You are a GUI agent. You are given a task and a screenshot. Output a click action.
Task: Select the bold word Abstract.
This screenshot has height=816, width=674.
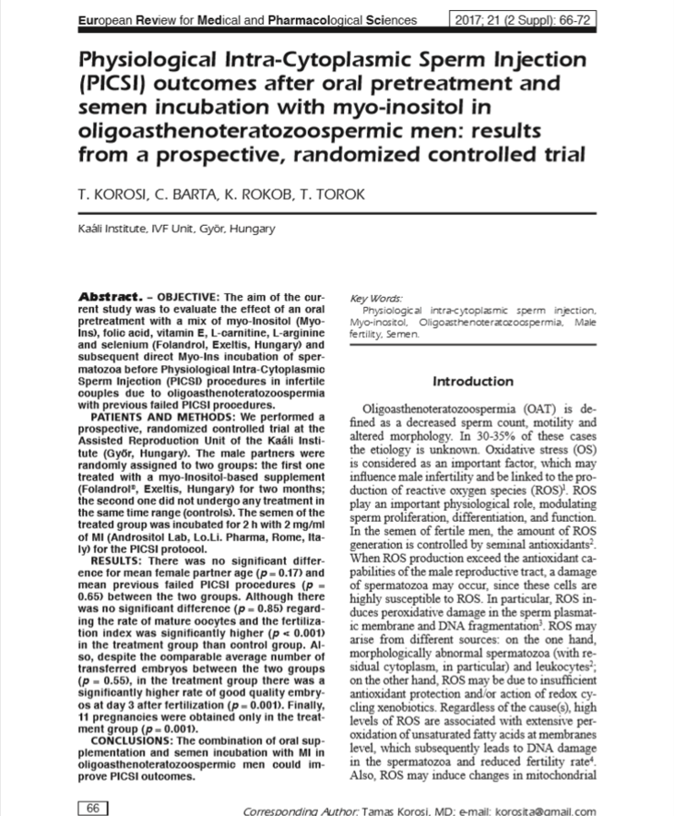[107, 297]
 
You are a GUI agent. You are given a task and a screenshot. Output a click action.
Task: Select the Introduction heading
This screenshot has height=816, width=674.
[473, 381]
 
